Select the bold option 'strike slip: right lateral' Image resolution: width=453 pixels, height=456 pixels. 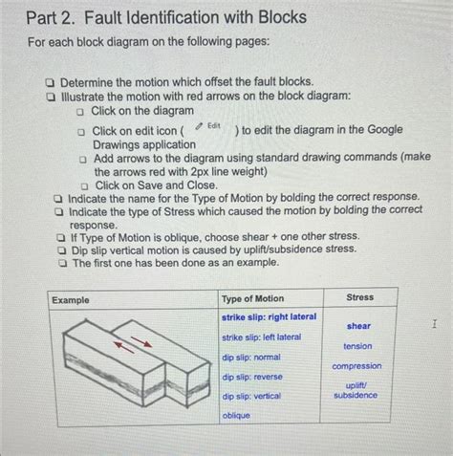pyautogui.click(x=270, y=316)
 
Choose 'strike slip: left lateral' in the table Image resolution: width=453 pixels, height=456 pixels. pyautogui.click(x=261, y=337)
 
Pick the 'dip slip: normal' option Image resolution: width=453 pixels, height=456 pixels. pyautogui.click(x=250, y=357)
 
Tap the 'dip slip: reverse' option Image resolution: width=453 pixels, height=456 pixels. pyautogui.click(x=252, y=377)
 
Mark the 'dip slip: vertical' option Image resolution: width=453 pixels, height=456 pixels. pyautogui.click(x=251, y=395)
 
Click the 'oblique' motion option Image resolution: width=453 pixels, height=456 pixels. pyautogui.click(x=236, y=416)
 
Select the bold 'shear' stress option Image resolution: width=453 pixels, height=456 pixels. pyautogui.click(x=358, y=326)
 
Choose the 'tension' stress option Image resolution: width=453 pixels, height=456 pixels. pyautogui.click(x=357, y=346)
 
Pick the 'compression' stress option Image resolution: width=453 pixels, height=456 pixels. pyautogui.click(x=356, y=366)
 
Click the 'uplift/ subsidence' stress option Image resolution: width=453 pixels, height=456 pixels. pyautogui.click(x=356, y=390)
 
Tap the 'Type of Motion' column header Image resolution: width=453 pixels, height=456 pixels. pyautogui.click(x=252, y=298)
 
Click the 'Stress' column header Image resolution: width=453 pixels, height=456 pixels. pyautogui.click(x=359, y=297)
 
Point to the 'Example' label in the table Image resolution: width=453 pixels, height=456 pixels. pyautogui.click(x=71, y=299)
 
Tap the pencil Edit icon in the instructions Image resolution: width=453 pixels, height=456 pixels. pyautogui.click(x=199, y=127)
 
